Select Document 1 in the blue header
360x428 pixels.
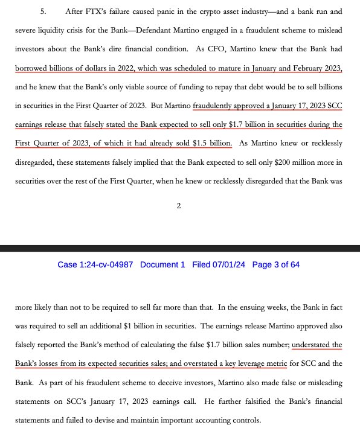(163, 264)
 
